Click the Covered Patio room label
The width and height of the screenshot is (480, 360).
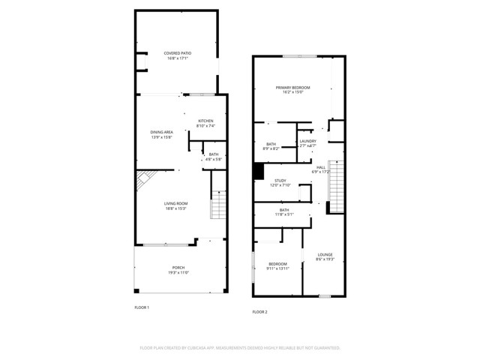point(178,52)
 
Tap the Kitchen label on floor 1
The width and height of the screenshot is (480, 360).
point(205,121)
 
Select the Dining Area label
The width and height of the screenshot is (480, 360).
point(161,132)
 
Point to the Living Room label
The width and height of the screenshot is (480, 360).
point(175,203)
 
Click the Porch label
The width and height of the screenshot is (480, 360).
point(178,268)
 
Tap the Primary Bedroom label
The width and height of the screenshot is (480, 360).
point(292,88)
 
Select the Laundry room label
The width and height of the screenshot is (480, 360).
point(307,141)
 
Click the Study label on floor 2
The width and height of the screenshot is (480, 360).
point(280,180)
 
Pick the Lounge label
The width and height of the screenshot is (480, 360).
point(325,254)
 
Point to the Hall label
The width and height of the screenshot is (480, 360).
point(321,167)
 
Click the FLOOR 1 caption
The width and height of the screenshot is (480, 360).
point(142,307)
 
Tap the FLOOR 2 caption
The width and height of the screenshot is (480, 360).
point(259,311)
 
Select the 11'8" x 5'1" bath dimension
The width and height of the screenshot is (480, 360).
point(285,215)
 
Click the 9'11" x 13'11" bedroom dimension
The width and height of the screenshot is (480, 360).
point(278,268)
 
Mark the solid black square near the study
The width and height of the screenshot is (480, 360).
point(258,172)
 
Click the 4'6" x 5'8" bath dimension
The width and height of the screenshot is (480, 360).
point(214,159)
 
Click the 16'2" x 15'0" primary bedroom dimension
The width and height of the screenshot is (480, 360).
point(292,92)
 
